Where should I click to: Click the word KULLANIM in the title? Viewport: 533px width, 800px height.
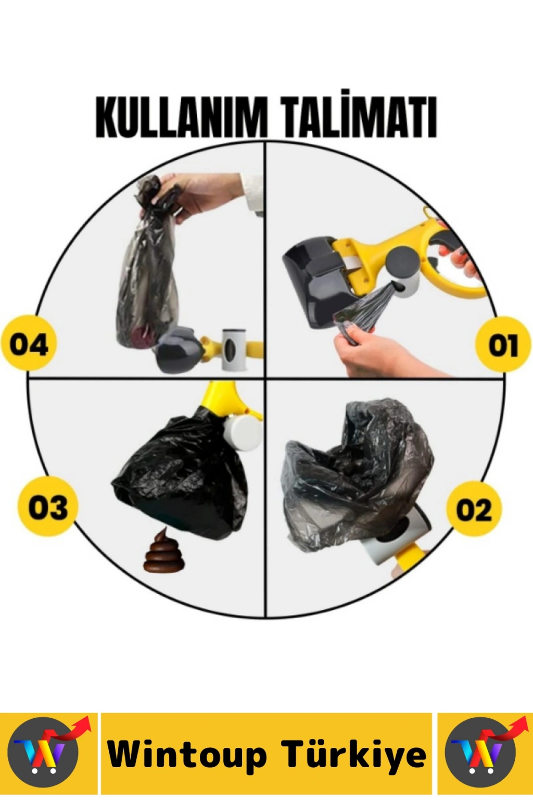coord(182,117)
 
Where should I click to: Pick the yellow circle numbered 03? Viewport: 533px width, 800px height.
coord(48,506)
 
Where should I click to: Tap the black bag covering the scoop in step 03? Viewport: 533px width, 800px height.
coord(182,476)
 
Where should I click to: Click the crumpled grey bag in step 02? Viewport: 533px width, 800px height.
coord(357,475)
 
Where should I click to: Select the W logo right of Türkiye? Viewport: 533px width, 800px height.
coord(483,752)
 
